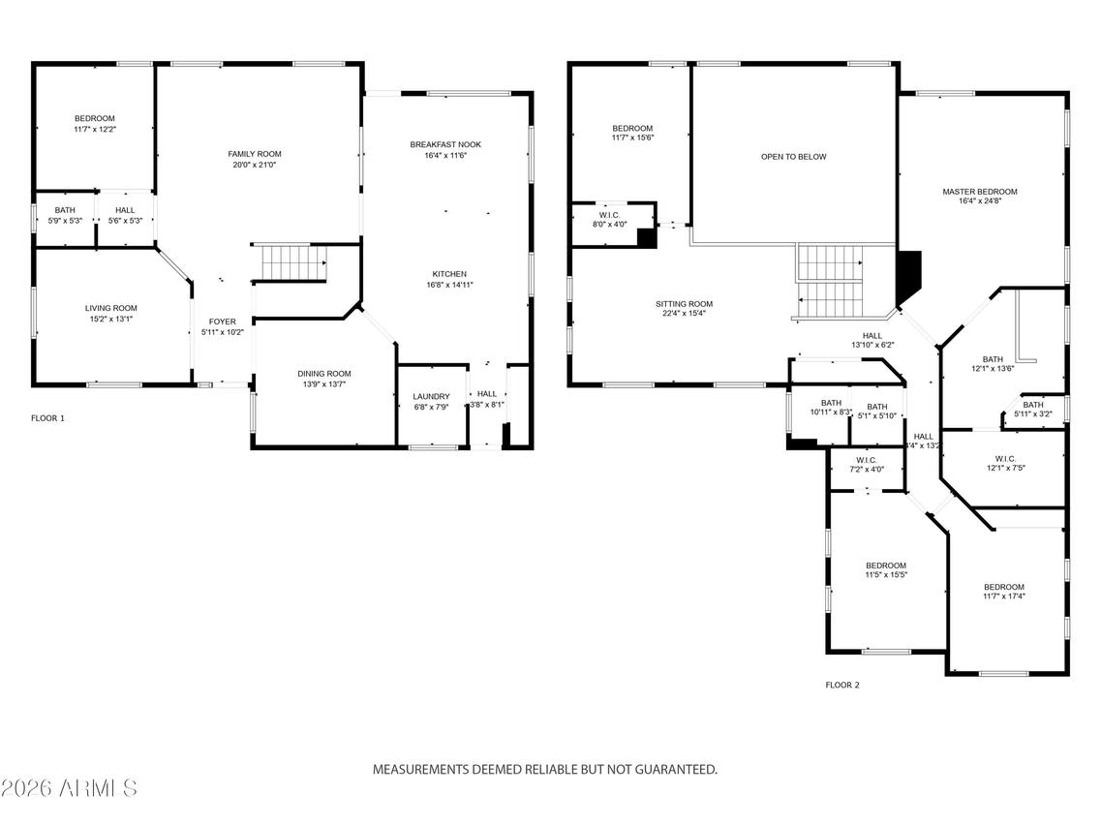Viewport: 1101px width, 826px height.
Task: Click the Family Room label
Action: click(255, 154)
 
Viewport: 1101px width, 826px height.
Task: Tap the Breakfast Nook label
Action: click(445, 144)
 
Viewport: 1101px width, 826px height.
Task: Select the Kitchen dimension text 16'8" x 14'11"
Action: click(449, 285)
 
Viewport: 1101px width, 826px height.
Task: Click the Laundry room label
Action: click(431, 396)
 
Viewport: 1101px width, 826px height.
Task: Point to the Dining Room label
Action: click(323, 374)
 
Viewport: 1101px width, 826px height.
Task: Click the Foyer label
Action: click(222, 321)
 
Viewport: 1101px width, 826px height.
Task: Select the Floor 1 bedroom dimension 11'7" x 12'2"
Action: click(94, 129)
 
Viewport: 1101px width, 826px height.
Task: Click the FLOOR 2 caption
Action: click(841, 685)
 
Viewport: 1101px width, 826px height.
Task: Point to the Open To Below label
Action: click(793, 157)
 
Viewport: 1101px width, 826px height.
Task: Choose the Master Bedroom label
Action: click(980, 192)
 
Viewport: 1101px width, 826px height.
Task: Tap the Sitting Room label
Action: click(684, 304)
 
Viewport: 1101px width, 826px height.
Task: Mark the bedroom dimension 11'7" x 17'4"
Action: click(1003, 597)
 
